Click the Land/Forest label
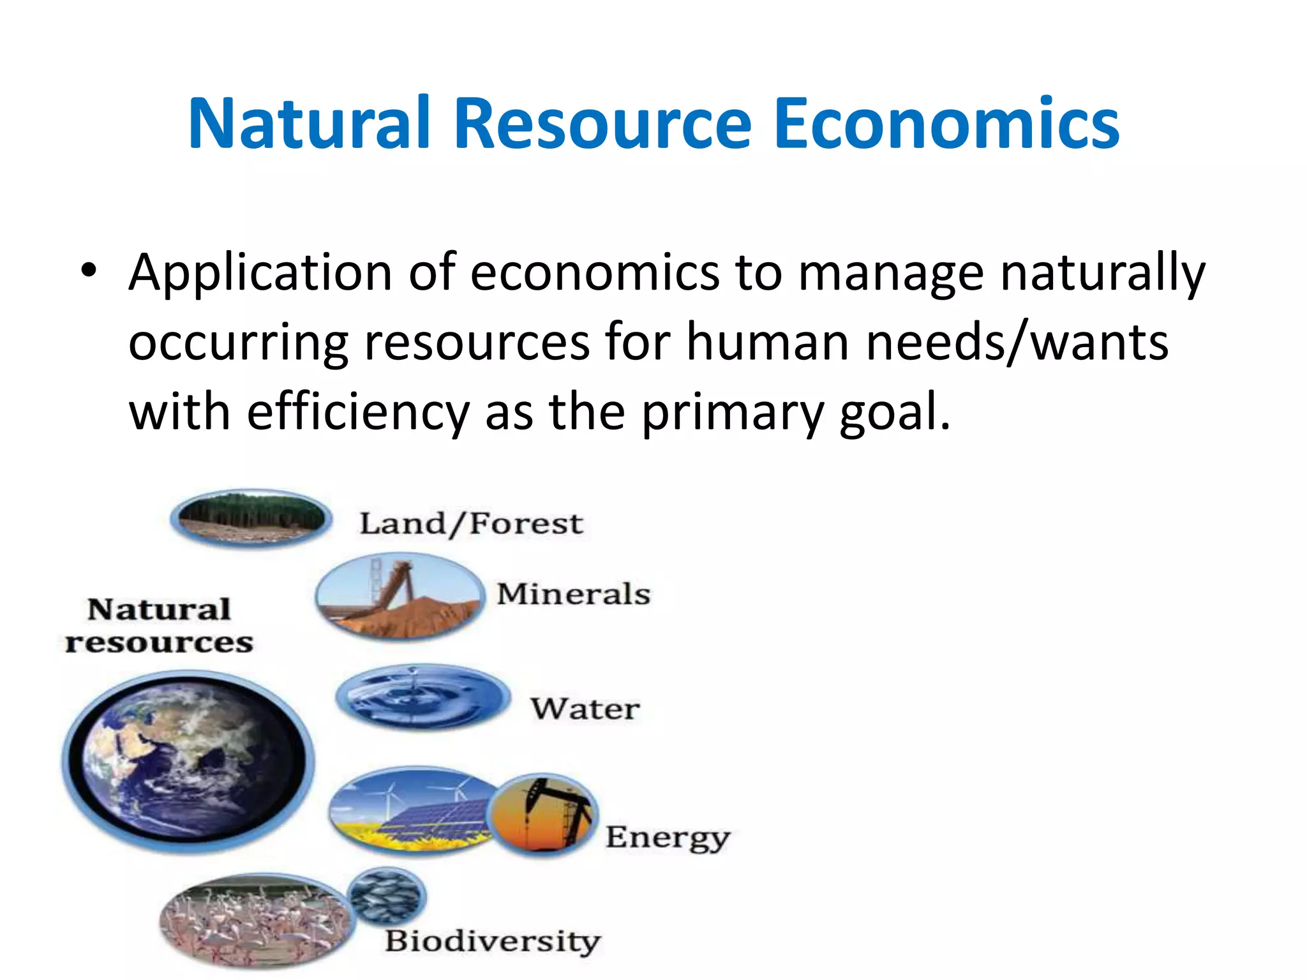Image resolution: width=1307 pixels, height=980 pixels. [x=471, y=524]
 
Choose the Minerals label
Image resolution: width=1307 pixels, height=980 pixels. [x=574, y=594]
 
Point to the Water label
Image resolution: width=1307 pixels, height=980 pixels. [x=585, y=709]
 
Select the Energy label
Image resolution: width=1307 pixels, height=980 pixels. [x=668, y=838]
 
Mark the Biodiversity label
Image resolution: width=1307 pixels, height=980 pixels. [x=493, y=941]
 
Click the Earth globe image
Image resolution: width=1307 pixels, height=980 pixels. [x=188, y=761]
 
